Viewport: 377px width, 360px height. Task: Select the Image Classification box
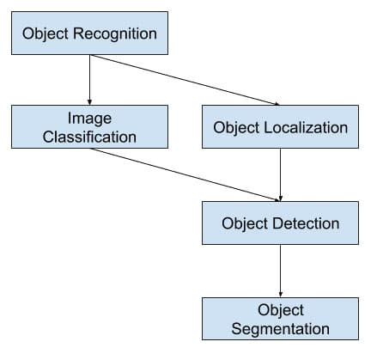(89, 126)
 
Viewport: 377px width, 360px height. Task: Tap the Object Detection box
(281, 223)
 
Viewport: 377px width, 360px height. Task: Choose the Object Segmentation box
(281, 319)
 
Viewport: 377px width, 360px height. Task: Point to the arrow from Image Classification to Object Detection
(185, 175)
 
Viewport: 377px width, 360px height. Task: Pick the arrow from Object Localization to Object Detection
(281, 174)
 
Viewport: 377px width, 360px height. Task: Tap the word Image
(89, 118)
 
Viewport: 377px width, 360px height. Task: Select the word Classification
(89, 136)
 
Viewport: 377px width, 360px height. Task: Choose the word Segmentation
(281, 328)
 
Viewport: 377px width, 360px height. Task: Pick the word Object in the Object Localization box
(236, 127)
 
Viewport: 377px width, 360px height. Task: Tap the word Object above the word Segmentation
(281, 309)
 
